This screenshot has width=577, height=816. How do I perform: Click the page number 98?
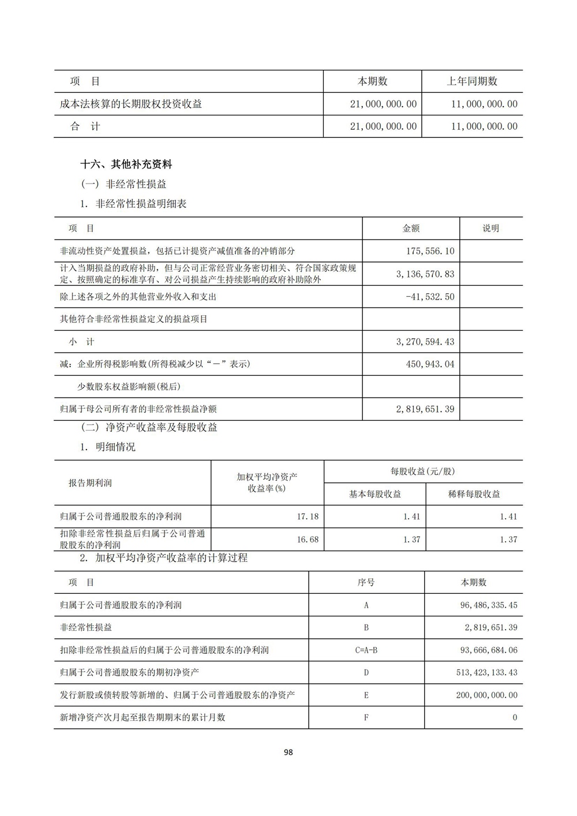(x=288, y=752)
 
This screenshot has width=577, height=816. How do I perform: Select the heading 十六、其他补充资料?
(x=126, y=164)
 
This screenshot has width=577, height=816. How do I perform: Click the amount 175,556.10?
(x=430, y=251)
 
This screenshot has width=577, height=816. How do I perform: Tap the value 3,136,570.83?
(x=425, y=274)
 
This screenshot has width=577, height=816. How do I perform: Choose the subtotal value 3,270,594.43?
(x=425, y=342)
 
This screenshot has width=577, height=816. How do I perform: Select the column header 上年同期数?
(x=472, y=81)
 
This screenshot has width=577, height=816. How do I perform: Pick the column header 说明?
(x=490, y=229)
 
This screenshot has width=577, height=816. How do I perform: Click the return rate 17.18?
(x=308, y=516)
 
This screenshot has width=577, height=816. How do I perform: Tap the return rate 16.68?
(x=308, y=540)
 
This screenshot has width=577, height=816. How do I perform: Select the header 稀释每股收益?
(x=474, y=494)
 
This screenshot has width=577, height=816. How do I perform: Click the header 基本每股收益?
(x=375, y=494)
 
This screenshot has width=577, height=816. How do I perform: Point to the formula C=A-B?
(x=366, y=650)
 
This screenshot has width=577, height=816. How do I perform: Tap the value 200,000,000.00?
(x=486, y=695)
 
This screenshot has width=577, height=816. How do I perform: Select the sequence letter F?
(x=366, y=718)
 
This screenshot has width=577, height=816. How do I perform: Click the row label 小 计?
(x=82, y=342)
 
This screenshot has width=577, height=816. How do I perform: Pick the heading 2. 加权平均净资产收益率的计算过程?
(x=164, y=559)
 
